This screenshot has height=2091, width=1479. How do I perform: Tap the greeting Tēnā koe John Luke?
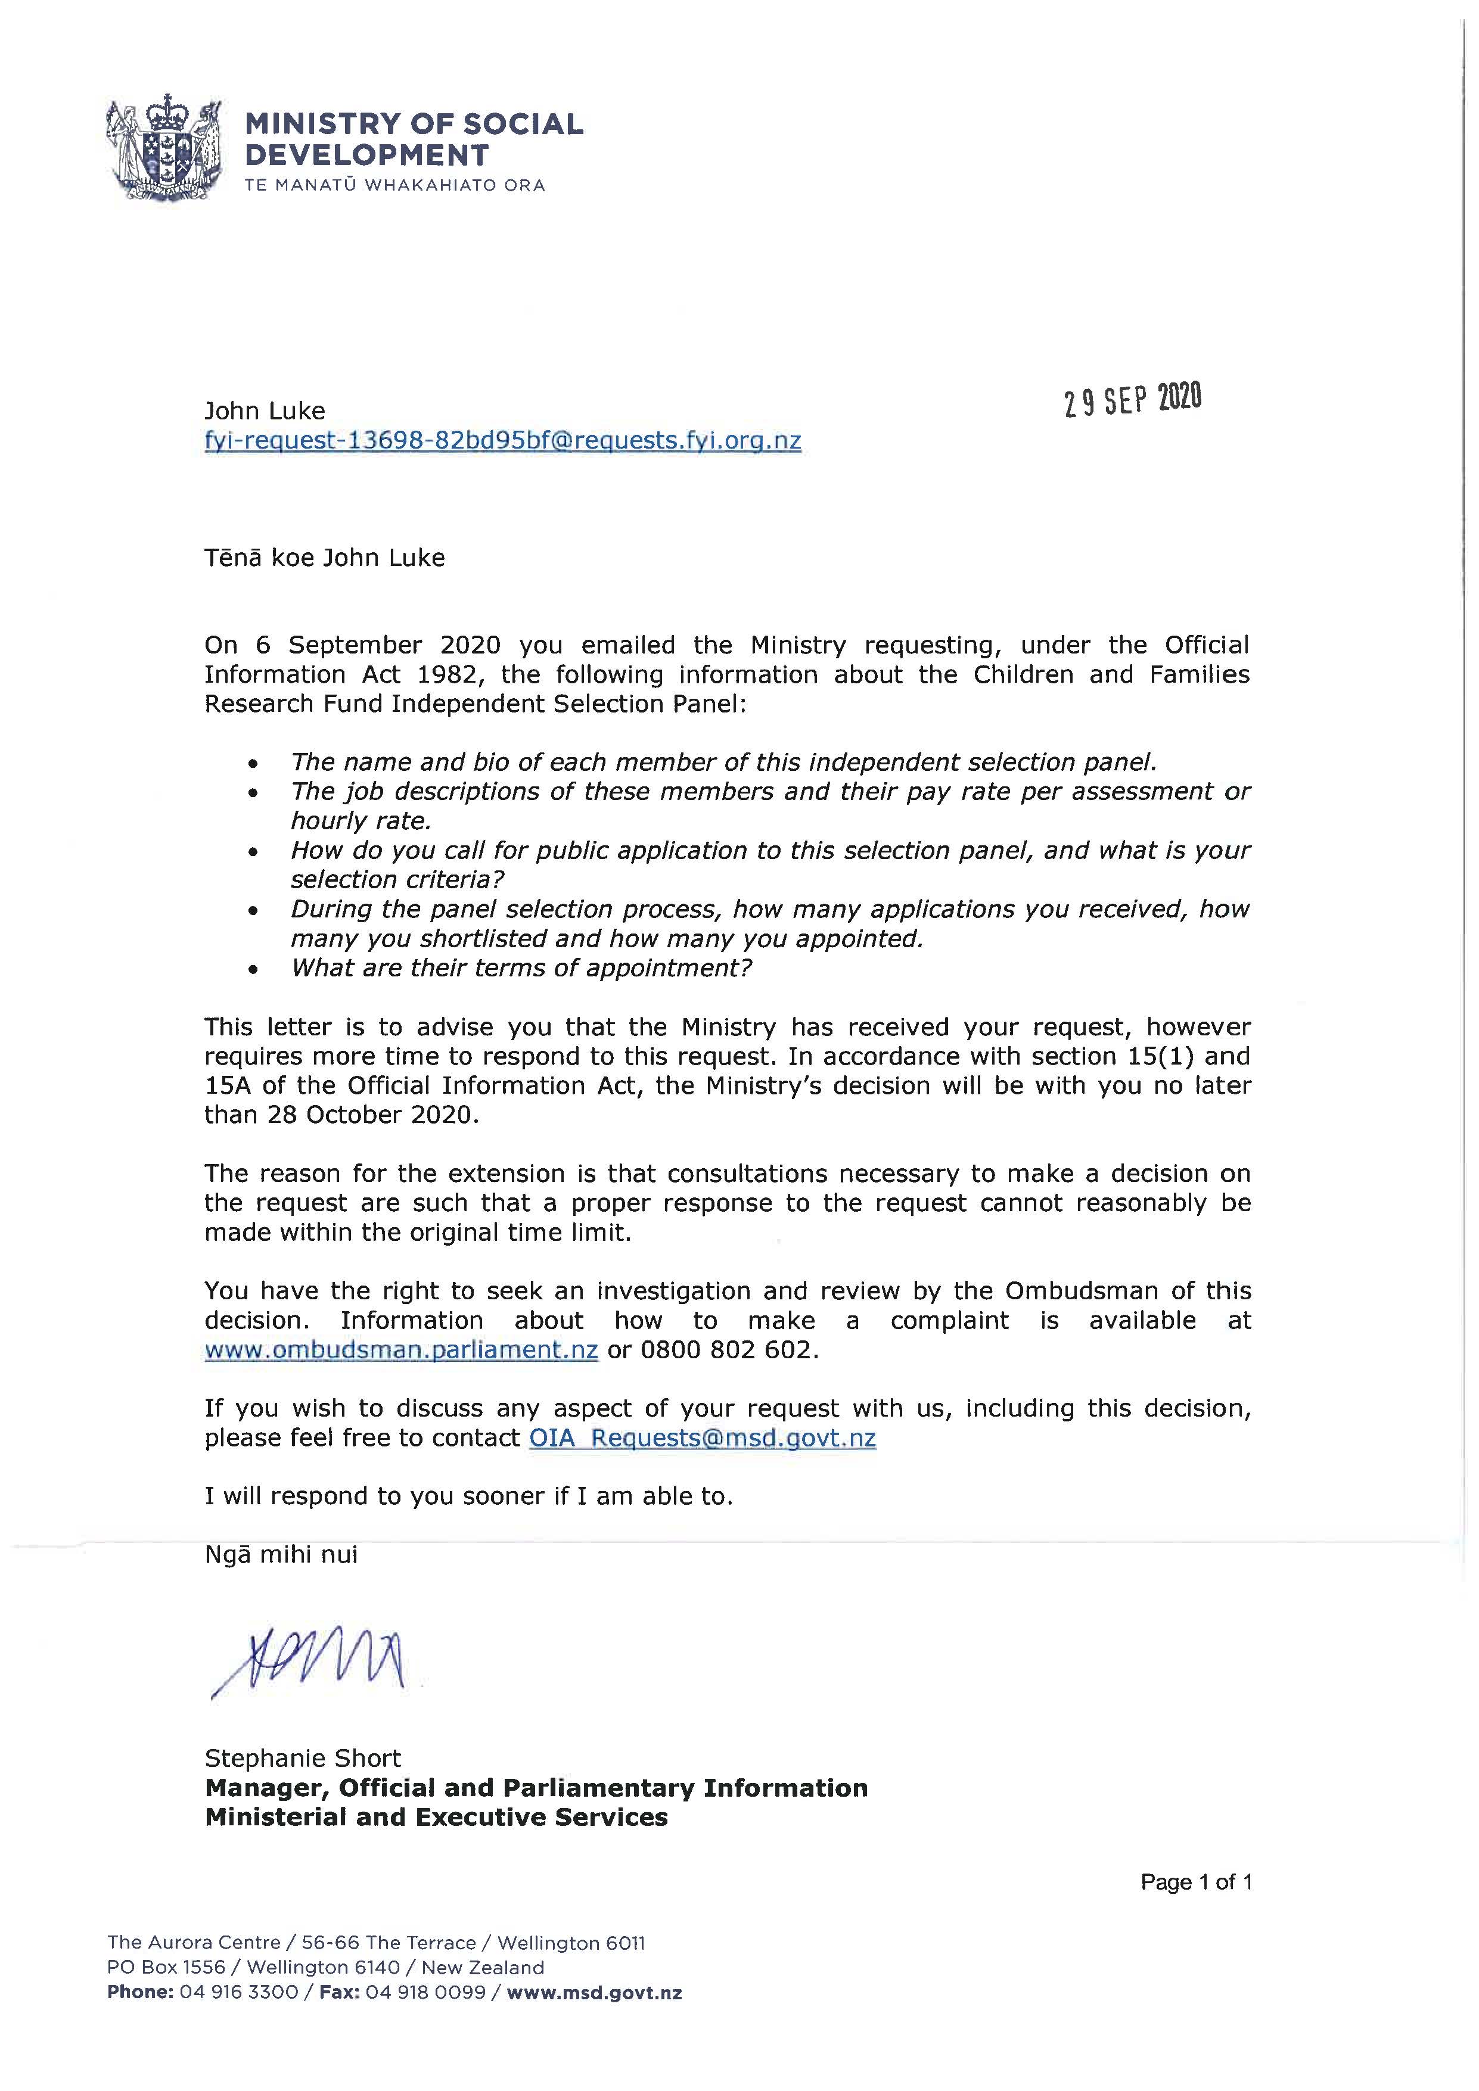324,558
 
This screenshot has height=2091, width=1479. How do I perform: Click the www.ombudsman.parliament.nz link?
400,1350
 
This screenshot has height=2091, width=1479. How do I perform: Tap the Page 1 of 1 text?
1196,1881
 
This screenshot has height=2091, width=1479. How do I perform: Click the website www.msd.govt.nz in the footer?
594,1993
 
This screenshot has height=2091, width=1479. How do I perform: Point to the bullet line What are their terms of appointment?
521,967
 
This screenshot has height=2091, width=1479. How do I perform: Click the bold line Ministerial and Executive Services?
436,1817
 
